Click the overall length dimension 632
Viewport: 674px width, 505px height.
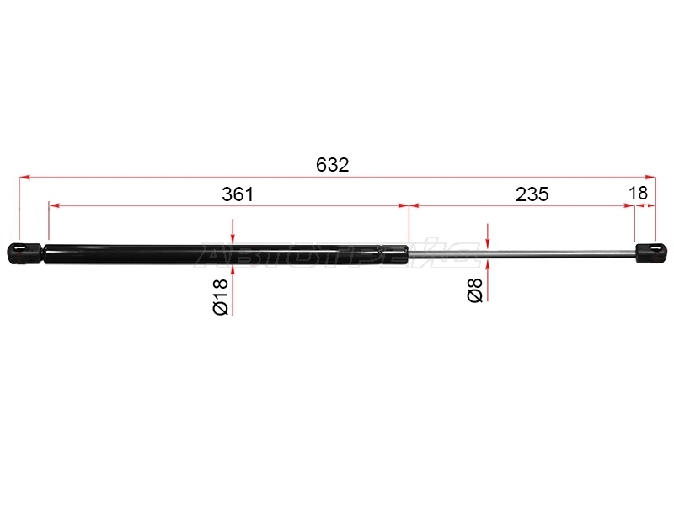pyautogui.click(x=332, y=165)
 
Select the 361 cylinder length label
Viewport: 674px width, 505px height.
pyautogui.click(x=238, y=194)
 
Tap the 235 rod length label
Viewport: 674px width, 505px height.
pyautogui.click(x=532, y=194)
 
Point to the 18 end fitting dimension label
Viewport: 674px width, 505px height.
pyautogui.click(x=638, y=194)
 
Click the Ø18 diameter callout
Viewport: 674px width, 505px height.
pyautogui.click(x=221, y=297)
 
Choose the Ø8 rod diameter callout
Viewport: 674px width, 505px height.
pyautogui.click(x=475, y=290)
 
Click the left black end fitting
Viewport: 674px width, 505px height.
pyautogui.click(x=25, y=253)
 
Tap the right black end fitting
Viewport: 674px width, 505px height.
pyautogui.click(x=651, y=253)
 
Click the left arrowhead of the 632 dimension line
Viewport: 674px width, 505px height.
pyautogui.click(x=24, y=177)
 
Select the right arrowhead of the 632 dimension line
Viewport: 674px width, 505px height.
pyautogui.click(x=650, y=177)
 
